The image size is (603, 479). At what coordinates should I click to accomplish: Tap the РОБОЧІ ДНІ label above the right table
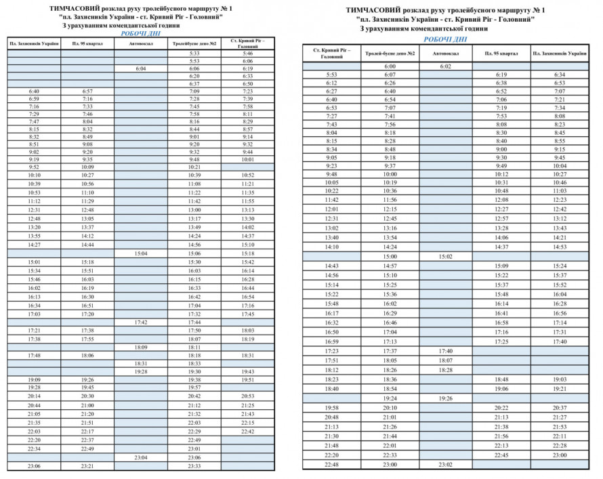tap(440, 39)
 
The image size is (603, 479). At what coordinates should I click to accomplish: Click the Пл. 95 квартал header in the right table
tap(502, 53)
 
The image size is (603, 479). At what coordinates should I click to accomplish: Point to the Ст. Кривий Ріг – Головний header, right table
tap(331, 53)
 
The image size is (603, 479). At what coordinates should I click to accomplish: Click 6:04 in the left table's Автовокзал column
tap(141, 68)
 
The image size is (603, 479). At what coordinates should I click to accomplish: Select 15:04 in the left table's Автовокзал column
tap(141, 253)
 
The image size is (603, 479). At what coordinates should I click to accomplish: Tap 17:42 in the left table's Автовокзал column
tap(141, 322)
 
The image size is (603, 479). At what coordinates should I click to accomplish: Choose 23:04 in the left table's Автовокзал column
tap(141, 458)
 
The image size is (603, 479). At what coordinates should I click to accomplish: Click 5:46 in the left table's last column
tap(247, 53)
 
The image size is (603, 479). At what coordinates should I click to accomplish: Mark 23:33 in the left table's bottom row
tap(194, 466)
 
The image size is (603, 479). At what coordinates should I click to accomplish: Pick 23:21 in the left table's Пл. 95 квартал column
tap(87, 466)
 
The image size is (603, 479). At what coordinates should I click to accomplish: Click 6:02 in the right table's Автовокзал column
tap(445, 66)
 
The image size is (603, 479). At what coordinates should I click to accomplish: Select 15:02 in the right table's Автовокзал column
tap(445, 257)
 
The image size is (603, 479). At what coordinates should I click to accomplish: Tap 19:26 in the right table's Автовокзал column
tap(445, 398)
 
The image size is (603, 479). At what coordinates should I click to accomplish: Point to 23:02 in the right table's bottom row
tap(445, 464)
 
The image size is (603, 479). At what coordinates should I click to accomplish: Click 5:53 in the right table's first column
tap(331, 75)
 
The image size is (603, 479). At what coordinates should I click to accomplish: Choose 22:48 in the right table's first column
tap(331, 464)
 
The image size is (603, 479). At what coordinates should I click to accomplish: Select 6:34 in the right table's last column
tap(560, 75)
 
